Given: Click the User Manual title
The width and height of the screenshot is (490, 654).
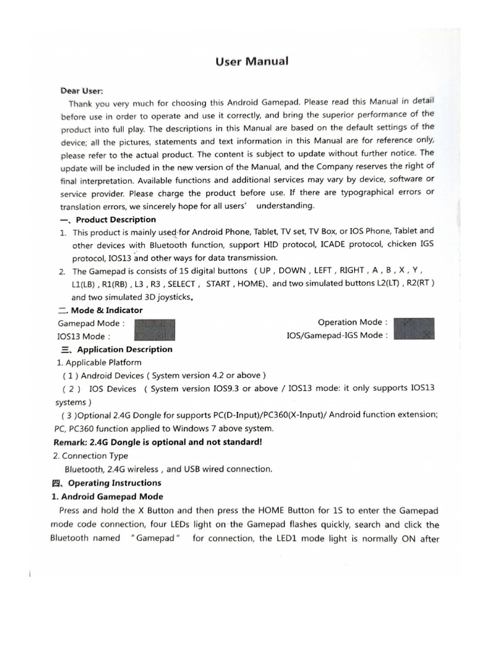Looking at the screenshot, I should [x=253, y=61].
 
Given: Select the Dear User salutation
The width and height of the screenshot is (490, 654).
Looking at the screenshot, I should [x=82, y=91].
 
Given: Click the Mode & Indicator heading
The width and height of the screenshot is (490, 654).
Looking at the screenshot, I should [x=100, y=310].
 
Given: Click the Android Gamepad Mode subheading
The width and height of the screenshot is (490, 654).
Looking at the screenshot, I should [x=107, y=496].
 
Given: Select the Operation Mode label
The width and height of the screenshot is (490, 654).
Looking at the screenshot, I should [x=352, y=323].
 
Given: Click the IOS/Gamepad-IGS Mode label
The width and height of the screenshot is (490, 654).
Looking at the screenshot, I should [x=337, y=335].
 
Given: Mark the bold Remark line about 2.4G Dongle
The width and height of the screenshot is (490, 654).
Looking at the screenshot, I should [x=158, y=442].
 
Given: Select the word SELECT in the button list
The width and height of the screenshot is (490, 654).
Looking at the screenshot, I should [x=182, y=284].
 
